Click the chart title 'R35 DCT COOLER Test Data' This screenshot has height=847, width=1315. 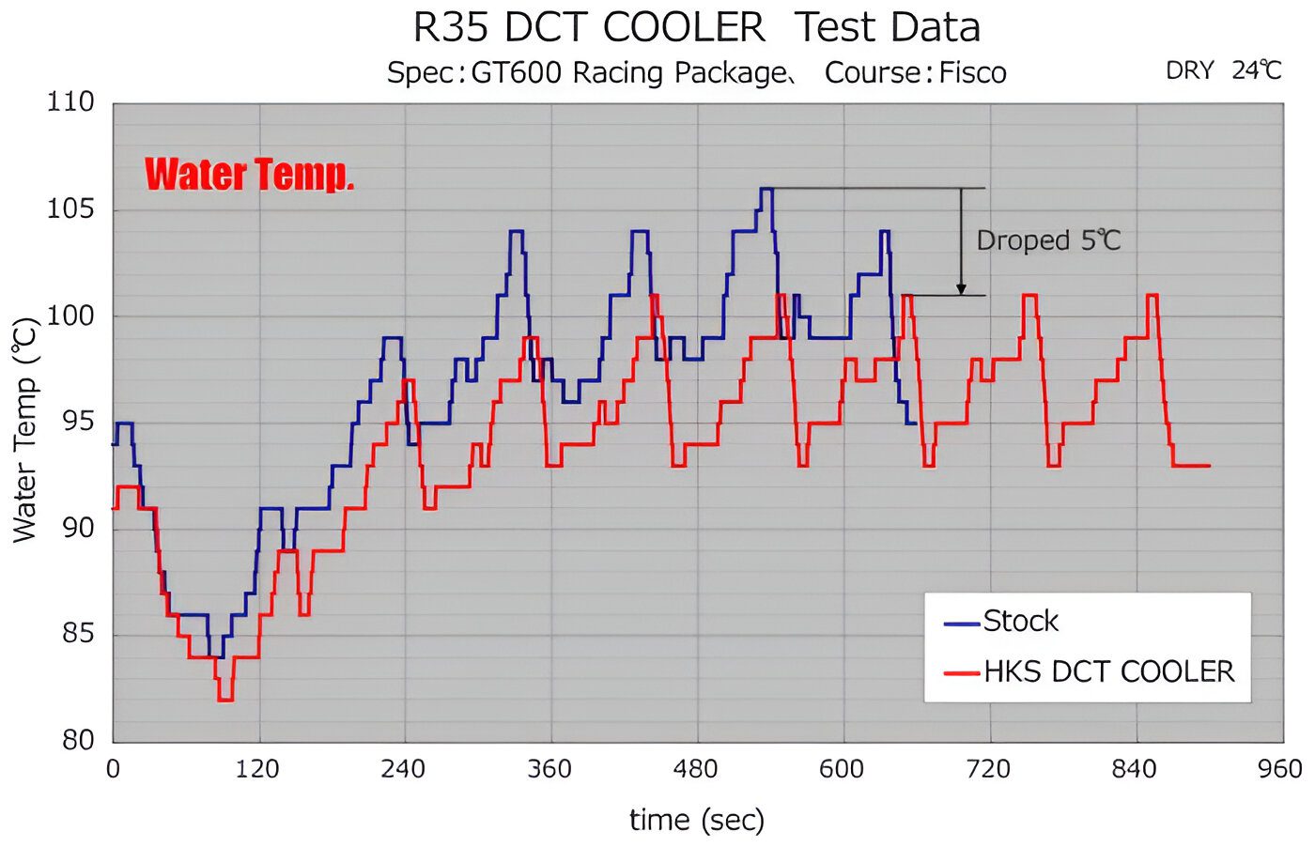696,27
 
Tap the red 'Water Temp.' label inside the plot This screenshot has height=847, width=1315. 249,175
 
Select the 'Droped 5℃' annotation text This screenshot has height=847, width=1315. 1048,240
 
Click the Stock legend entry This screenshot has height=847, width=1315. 1020,622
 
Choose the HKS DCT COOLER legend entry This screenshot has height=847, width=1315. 1108,671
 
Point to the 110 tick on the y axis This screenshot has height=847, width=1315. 71,101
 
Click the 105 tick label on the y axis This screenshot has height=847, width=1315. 71,208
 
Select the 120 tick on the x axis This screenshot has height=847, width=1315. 257,770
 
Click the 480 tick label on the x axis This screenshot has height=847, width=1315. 695,770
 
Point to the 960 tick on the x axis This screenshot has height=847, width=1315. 1279,770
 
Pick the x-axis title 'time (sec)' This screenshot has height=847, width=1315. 697,820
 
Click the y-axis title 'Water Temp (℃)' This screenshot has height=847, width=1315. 25,429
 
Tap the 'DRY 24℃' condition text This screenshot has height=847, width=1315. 1223,70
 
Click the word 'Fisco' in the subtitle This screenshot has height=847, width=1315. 972,72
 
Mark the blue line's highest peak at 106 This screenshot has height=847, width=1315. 766,189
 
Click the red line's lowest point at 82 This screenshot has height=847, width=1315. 225,700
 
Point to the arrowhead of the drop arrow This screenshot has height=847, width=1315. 961,290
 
